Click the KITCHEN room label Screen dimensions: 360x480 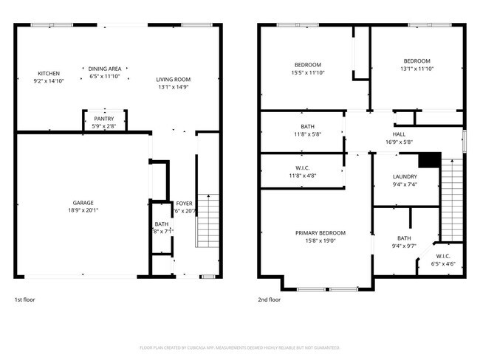[49, 73]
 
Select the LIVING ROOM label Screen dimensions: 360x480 [173, 80]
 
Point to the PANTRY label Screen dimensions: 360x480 [103, 118]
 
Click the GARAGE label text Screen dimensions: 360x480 [83, 202]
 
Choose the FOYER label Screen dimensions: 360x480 [184, 204]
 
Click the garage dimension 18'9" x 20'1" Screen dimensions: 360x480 [83, 210]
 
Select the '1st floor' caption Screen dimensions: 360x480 [24, 300]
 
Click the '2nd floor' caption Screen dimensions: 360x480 [269, 300]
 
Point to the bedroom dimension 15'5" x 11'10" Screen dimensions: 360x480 [307, 72]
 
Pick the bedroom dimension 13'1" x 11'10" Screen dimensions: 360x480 [416, 68]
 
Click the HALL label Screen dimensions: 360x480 [399, 134]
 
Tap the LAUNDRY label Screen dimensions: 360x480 [405, 176]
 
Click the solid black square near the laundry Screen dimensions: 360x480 [429, 160]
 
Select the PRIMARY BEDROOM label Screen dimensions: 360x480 [320, 232]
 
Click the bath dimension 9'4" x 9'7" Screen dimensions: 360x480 [404, 246]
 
